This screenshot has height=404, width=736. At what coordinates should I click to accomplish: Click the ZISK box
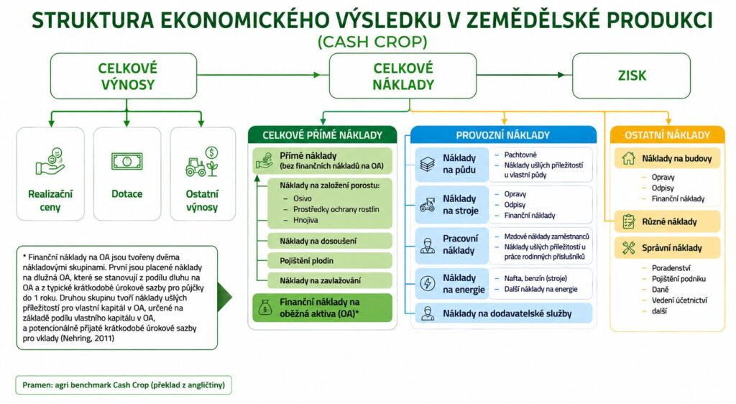tap(631, 75)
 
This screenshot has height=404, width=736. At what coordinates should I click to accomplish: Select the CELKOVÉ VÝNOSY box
tap(124, 75)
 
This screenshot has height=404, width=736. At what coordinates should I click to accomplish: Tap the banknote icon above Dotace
tap(126, 162)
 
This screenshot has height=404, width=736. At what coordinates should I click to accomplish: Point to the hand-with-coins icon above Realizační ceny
tap(50, 162)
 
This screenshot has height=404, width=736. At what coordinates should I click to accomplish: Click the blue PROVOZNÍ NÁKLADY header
tap(503, 135)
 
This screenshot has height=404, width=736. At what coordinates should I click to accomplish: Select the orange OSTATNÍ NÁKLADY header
tap(667, 135)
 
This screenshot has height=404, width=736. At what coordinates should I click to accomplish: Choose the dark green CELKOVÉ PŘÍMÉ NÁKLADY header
tap(323, 135)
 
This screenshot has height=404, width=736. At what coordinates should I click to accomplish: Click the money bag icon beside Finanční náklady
tap(265, 308)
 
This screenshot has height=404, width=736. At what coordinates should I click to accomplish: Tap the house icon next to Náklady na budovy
tap(628, 158)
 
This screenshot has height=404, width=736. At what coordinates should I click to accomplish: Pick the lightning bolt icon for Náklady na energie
tap(428, 283)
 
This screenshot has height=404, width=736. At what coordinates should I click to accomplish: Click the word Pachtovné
tap(520, 155)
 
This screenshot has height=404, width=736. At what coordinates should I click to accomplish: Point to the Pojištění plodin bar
tap(329, 260)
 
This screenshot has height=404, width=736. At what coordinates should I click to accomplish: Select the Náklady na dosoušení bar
tap(329, 241)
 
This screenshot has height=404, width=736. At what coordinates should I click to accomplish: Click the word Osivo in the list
tap(303, 198)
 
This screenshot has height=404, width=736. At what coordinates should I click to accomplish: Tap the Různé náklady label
tap(669, 221)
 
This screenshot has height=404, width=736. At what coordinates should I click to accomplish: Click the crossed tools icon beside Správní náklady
tap(628, 248)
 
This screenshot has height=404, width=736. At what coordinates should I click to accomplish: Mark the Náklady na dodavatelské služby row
tap(504, 313)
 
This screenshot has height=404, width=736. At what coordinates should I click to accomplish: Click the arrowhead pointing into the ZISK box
tap(561, 75)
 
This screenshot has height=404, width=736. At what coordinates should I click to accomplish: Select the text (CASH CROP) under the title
tap(373, 42)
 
